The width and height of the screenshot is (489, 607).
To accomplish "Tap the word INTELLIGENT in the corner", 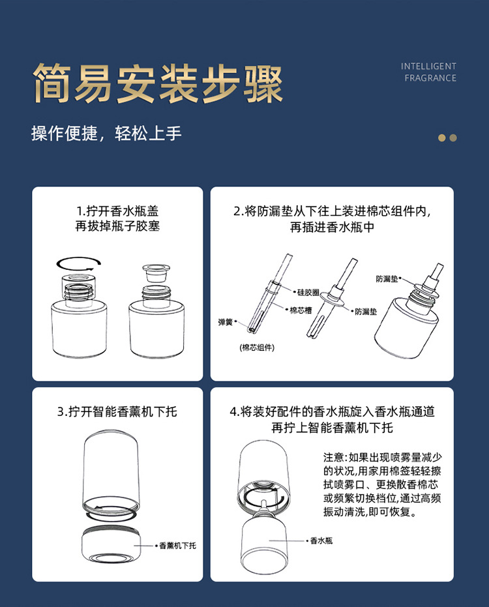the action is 428,67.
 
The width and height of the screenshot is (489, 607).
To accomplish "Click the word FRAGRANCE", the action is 430,78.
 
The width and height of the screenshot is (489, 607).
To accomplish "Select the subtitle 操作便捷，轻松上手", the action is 106,134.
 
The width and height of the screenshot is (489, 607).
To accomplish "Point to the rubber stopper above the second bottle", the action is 156,274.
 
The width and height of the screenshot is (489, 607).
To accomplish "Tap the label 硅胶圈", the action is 308,292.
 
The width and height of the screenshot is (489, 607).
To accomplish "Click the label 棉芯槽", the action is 301,310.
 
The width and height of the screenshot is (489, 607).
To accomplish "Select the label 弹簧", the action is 226,321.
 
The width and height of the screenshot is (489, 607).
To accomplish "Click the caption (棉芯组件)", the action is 257,348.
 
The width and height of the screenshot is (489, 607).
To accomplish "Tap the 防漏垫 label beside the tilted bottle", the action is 387,279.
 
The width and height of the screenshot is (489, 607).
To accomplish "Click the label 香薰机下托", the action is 178,546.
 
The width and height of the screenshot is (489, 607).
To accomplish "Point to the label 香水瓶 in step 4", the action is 321,540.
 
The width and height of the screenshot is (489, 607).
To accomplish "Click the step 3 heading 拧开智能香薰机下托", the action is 117,411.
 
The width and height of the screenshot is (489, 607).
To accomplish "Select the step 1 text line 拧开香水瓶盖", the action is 117,211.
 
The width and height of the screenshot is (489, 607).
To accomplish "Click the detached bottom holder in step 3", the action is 111,544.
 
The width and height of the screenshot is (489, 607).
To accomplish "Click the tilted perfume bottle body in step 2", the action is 407,325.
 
